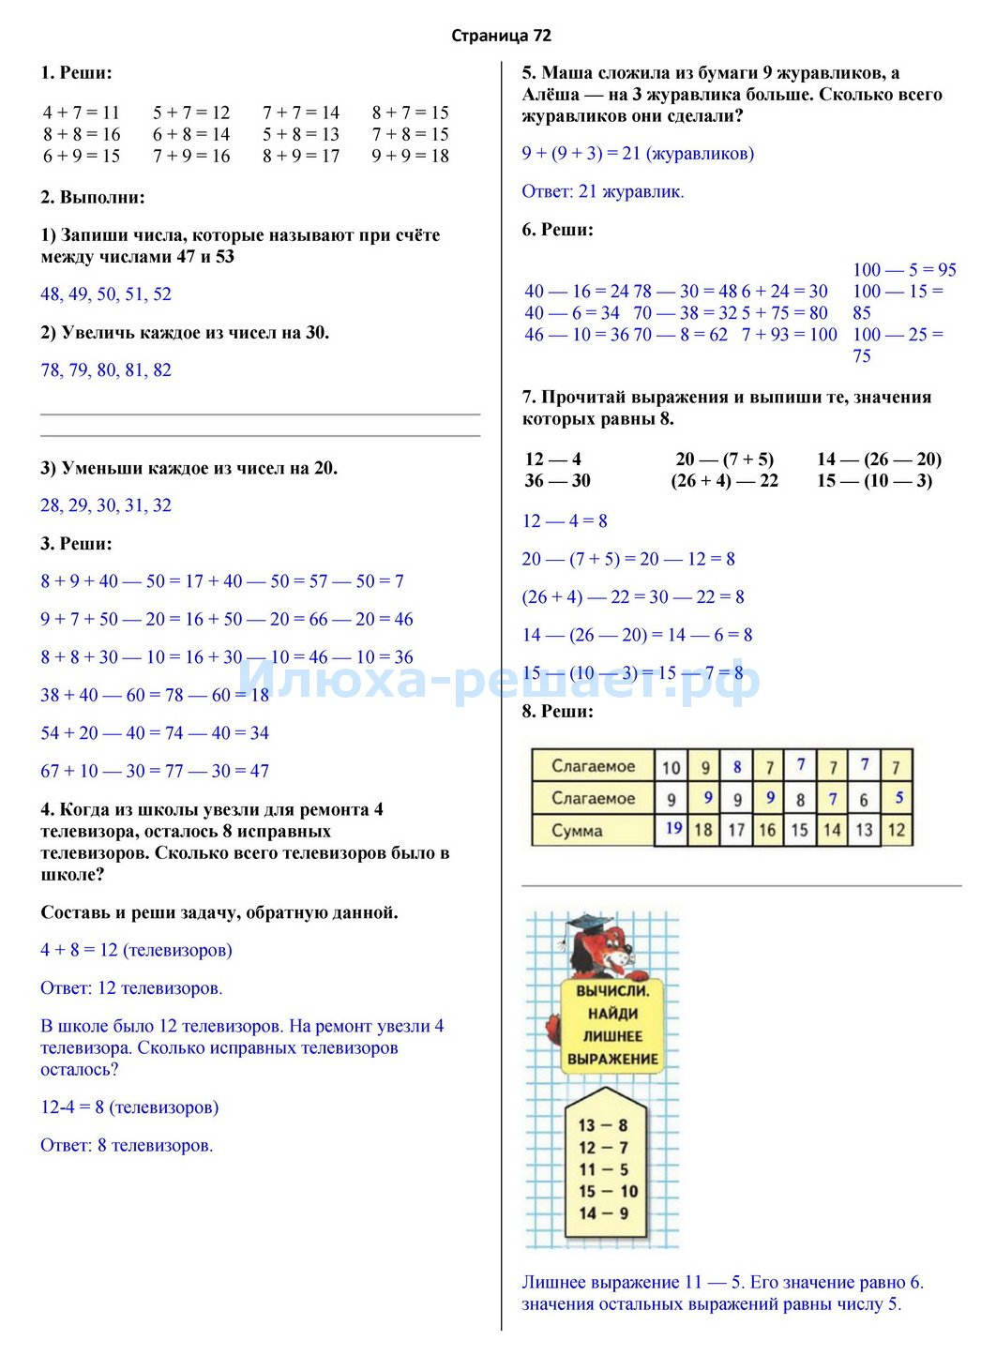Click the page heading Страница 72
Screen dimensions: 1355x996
pos(501,36)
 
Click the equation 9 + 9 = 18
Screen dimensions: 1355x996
pos(410,157)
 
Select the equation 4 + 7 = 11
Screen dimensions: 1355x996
pos(82,113)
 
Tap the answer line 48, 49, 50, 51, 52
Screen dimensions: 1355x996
pos(106,294)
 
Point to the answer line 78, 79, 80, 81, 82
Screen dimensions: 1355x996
pos(106,370)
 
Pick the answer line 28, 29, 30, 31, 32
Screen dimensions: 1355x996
pos(106,506)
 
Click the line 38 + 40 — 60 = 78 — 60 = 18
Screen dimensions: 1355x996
pos(155,696)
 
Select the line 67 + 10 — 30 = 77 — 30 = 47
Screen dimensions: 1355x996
pos(155,772)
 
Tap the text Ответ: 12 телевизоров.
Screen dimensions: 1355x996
pos(131,988)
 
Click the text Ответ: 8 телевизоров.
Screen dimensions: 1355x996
pos(127,1146)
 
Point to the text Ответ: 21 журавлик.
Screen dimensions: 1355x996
pos(603,192)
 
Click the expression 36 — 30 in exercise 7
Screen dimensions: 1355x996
pos(557,481)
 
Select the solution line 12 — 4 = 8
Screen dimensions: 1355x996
pos(565,521)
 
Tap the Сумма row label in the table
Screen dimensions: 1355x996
pos(577,831)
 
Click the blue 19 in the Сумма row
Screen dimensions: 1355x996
pos(673,828)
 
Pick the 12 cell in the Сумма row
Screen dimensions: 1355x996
pos(897,830)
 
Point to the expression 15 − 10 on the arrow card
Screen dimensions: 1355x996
pos(608,1192)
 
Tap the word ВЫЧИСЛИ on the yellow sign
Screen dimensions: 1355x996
pos(612,990)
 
